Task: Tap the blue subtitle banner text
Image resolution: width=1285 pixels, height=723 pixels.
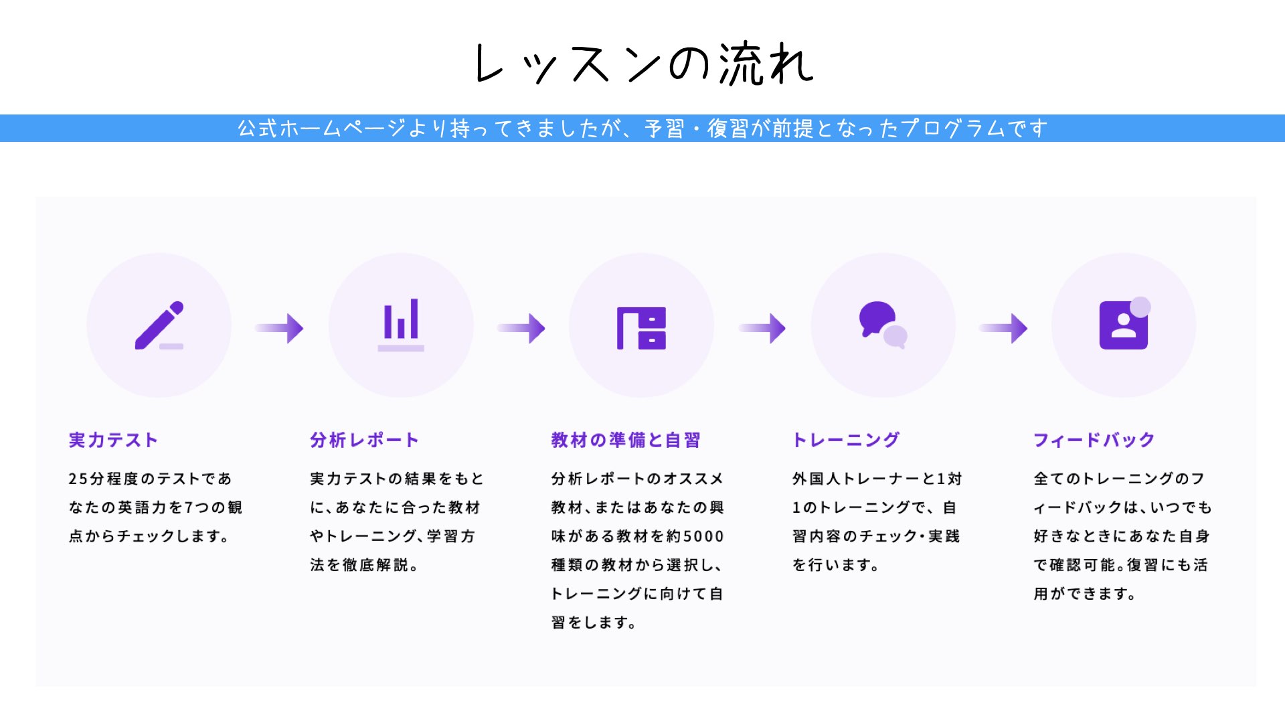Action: point(642,128)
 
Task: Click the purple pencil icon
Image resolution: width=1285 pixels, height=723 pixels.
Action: point(159,325)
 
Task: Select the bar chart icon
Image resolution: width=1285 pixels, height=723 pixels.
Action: point(401,325)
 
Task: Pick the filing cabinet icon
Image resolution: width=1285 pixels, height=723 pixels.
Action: point(641,328)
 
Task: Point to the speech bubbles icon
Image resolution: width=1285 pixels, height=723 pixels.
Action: point(883,325)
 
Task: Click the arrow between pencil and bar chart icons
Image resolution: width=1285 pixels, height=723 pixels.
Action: point(279,328)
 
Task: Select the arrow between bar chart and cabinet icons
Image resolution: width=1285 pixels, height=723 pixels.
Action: point(521,328)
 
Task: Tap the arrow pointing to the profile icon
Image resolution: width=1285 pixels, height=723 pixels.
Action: point(1003,328)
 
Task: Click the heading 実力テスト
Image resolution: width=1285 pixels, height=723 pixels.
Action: point(113,440)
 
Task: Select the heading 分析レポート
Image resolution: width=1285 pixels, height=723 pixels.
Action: point(364,440)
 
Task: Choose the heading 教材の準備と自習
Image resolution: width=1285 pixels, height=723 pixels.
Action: point(625,440)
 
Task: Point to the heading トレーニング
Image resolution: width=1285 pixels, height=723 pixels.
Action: point(846,440)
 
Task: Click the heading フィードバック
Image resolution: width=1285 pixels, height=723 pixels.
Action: point(1094,440)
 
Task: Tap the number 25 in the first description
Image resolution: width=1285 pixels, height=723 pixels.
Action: point(78,479)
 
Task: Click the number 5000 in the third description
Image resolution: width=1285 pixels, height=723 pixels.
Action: point(703,536)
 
